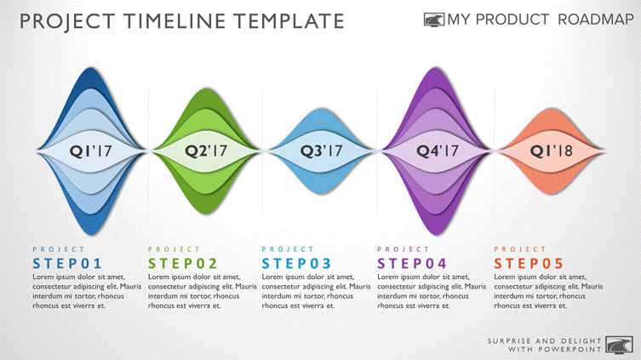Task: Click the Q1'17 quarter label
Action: tap(90, 151)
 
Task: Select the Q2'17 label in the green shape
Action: tap(206, 151)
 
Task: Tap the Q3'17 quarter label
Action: tap(321, 151)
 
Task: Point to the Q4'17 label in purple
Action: tap(438, 151)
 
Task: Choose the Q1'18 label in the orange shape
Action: tap(552, 151)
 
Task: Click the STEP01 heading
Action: tap(67, 264)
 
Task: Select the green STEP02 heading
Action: tap(183, 264)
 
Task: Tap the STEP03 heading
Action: tap(296, 264)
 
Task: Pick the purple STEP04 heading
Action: tap(412, 264)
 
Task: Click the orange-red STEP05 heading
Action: tap(529, 264)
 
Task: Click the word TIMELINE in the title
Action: tap(175, 21)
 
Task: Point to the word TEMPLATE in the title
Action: tap(289, 21)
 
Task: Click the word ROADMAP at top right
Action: tap(596, 20)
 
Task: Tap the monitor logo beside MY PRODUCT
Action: tap(434, 20)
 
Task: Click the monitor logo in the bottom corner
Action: tap(619, 346)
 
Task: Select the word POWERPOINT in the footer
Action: tap(569, 350)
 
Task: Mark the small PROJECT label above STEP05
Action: tap(519, 249)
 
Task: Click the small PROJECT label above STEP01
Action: tap(59, 249)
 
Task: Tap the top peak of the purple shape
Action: tap(436, 68)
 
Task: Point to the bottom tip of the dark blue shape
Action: tap(92, 235)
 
